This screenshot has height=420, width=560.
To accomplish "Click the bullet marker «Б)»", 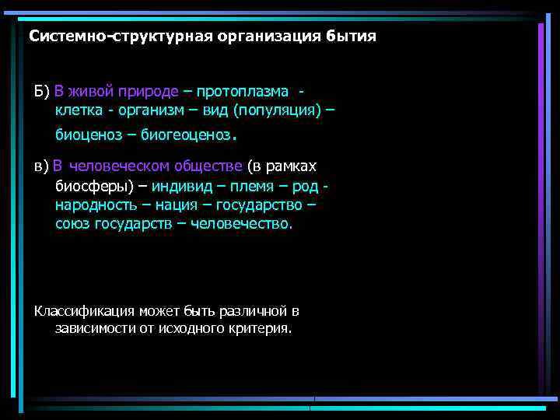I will pyautogui.click(x=42, y=92).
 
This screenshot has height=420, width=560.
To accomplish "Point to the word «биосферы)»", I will pyautogui.click(x=90, y=186).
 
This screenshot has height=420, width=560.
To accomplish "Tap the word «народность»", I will pyautogui.click(x=94, y=205).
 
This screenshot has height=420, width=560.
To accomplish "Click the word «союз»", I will pyautogui.click(x=73, y=223).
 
